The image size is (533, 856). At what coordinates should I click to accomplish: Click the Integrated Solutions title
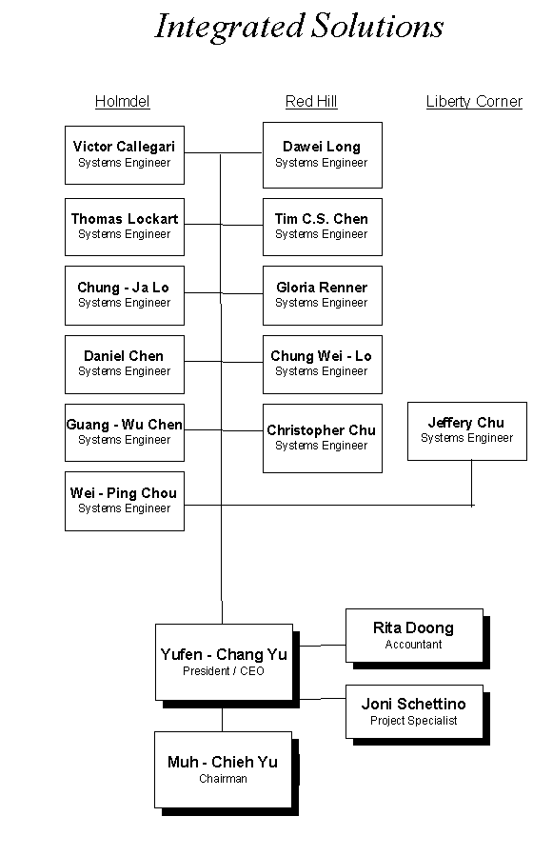tap(299, 27)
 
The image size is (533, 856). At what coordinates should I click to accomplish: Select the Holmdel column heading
tap(122, 102)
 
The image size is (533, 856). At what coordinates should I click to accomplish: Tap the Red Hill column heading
tap(311, 102)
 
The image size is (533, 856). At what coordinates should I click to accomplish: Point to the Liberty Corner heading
tap(474, 102)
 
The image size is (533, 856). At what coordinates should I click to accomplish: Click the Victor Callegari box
tap(125, 155)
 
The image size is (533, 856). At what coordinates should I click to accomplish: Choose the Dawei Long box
tap(323, 155)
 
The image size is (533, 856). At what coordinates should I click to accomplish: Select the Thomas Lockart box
tap(125, 228)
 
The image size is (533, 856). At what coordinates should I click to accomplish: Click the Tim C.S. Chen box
tap(323, 228)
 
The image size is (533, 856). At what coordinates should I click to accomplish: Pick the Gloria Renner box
tap(323, 295)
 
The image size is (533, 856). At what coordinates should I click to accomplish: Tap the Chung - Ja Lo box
tap(125, 295)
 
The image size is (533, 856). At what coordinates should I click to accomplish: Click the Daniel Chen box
tap(125, 365)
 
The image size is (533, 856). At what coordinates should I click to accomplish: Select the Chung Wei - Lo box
tap(323, 365)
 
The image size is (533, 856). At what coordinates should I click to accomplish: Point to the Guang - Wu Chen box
tap(125, 433)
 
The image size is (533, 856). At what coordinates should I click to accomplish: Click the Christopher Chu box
tap(323, 438)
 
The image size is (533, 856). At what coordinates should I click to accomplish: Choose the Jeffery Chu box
tap(467, 431)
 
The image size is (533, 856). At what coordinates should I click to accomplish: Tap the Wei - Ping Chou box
tap(125, 501)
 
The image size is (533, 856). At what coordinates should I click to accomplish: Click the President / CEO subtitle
tap(223, 671)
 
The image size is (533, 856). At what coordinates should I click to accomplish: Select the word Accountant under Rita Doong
tap(413, 645)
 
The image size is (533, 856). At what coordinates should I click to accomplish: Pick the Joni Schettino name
tap(413, 704)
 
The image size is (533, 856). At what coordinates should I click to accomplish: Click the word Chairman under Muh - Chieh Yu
tap(223, 779)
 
